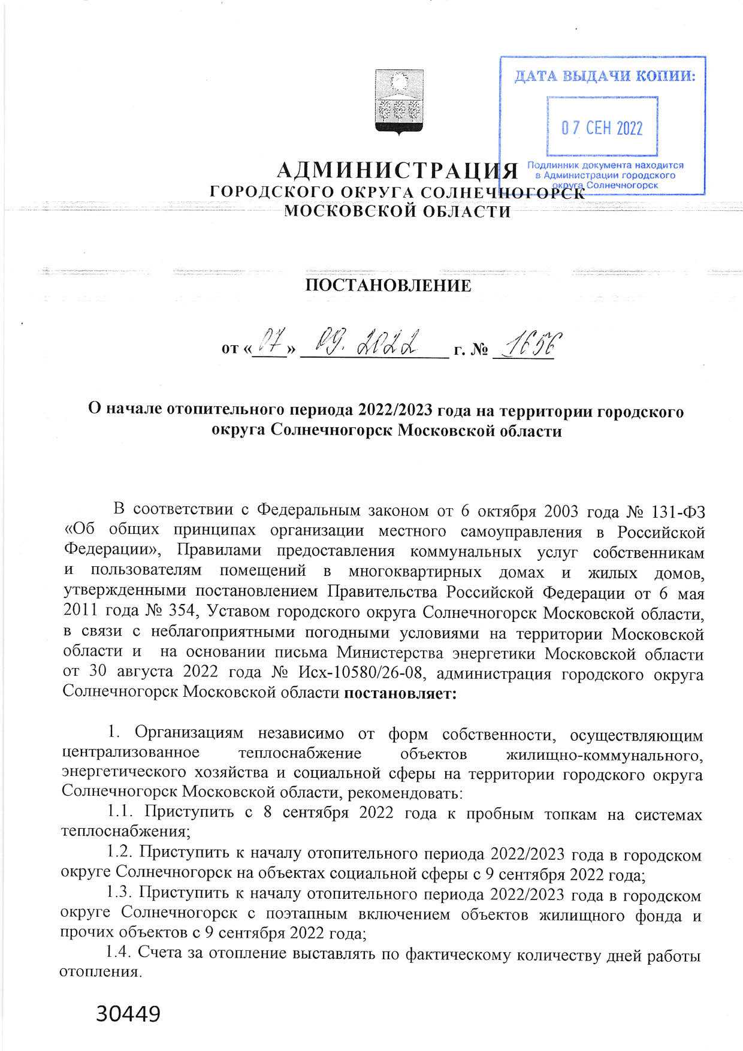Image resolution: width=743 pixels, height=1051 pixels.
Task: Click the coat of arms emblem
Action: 399,101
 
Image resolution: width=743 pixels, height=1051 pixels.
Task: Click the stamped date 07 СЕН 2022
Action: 602,128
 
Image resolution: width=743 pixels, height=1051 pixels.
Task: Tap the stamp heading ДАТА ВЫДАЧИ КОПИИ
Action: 605,76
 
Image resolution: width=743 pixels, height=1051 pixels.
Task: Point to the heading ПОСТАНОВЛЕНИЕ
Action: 388,285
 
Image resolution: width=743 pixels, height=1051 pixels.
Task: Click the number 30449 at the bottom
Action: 128,1013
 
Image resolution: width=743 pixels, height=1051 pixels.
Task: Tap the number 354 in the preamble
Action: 182,611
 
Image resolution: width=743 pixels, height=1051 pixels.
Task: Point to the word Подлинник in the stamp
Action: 551,165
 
